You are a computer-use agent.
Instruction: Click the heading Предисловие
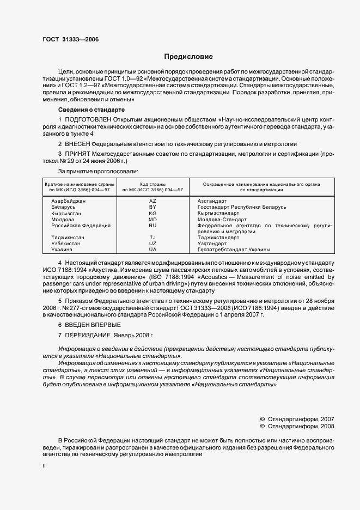click(x=188, y=57)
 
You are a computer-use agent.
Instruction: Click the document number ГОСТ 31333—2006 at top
click(x=70, y=39)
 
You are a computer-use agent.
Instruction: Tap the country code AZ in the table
click(x=152, y=201)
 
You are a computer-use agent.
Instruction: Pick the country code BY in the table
click(x=152, y=207)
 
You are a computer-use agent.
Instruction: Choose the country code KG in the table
click(x=152, y=213)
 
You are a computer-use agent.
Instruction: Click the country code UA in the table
click(x=152, y=250)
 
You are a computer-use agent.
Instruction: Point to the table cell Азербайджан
click(x=68, y=201)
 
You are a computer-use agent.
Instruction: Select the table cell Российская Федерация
click(x=81, y=225)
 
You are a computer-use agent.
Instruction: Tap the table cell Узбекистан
click(x=65, y=244)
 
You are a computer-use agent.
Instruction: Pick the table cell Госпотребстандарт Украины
click(x=234, y=250)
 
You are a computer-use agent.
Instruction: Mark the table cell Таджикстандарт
click(x=218, y=238)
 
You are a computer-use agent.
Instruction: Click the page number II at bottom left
click(x=45, y=466)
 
